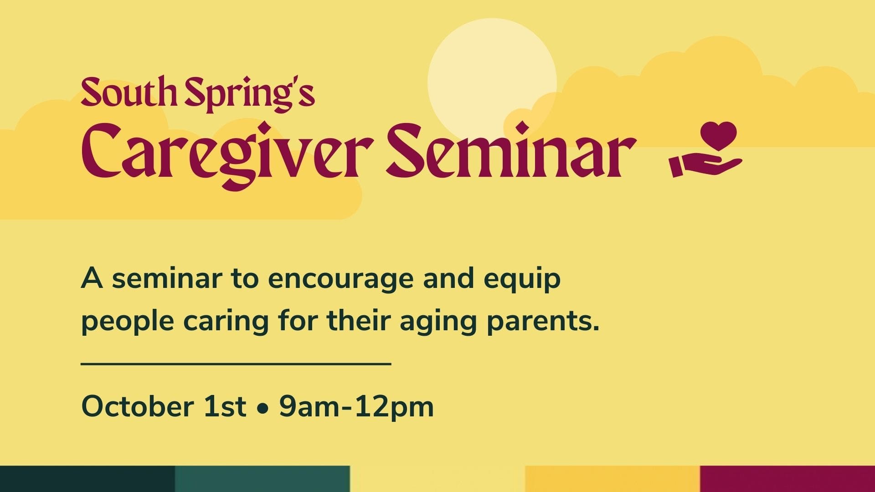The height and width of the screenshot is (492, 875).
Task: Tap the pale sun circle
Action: [x=492, y=82]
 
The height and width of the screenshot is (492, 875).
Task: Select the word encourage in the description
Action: [x=341, y=279]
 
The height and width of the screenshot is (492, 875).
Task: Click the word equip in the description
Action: [x=522, y=279]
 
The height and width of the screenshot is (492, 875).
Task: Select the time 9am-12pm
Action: [x=356, y=406]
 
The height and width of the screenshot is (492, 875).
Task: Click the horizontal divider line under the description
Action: [x=236, y=364]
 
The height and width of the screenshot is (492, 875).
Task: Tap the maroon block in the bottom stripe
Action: [x=787, y=479]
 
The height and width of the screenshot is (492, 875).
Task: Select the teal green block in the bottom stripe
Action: [x=262, y=479]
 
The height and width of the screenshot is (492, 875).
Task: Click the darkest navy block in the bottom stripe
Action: [x=87, y=479]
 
